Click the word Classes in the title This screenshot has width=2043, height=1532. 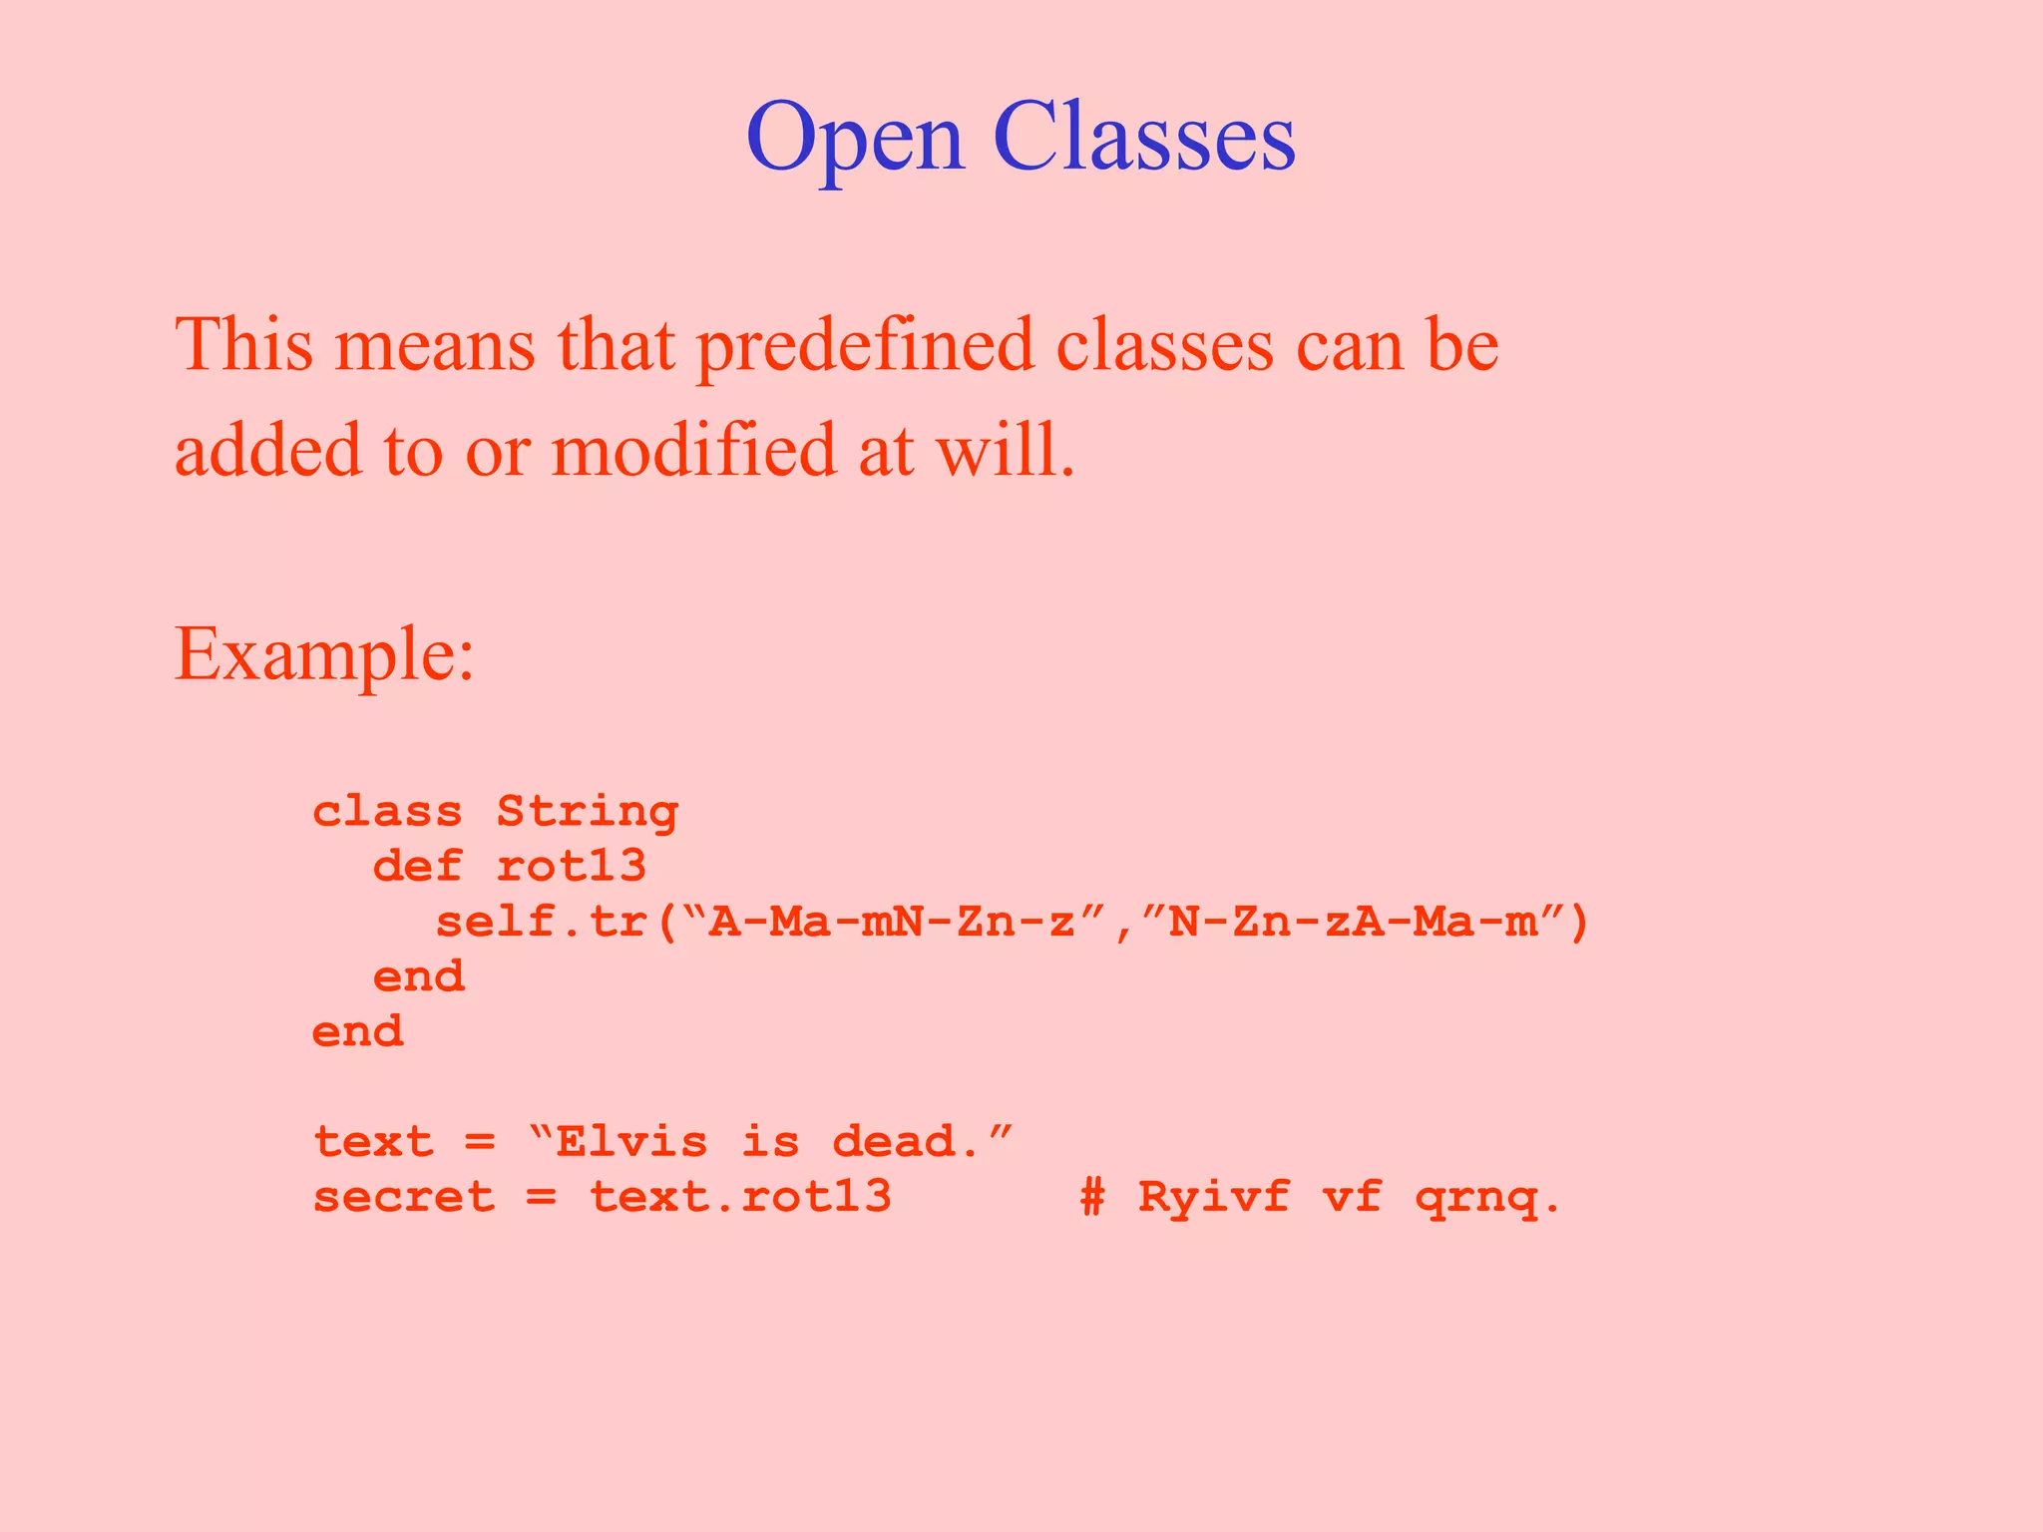tap(1144, 137)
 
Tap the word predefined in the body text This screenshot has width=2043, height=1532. tap(864, 345)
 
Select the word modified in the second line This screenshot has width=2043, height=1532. tap(693, 450)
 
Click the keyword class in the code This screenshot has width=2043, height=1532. tap(388, 812)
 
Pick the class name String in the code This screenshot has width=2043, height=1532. tap(588, 812)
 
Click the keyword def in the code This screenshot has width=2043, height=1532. tap(418, 866)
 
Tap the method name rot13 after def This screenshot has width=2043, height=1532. tap(572, 866)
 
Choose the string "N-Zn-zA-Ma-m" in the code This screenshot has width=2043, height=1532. tap(1353, 922)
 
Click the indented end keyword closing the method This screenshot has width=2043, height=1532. tap(419, 976)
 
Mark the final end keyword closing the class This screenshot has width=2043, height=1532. tap(358, 1031)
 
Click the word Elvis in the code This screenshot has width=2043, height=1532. tap(631, 1141)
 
